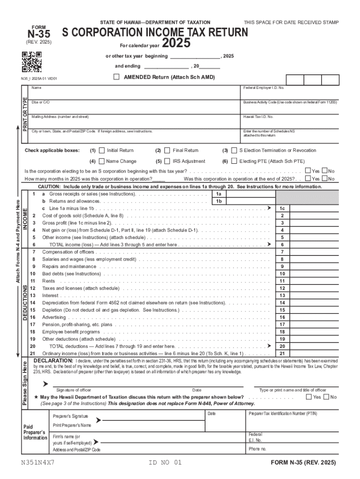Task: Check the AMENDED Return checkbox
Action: (116, 77)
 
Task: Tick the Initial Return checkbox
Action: (102, 151)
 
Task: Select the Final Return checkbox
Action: (167, 151)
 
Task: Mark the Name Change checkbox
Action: (102, 161)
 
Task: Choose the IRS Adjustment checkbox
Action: (167, 161)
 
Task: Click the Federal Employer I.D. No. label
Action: (264, 88)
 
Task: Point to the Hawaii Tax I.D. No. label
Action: (258, 116)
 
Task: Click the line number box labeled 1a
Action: (218, 194)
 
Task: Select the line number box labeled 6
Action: (282, 245)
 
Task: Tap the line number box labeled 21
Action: (282, 354)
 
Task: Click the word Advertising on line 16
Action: (54, 317)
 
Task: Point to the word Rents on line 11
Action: (49, 281)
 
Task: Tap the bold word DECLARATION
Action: (53, 361)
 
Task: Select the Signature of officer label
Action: (74, 390)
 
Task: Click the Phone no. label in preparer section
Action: (258, 449)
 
